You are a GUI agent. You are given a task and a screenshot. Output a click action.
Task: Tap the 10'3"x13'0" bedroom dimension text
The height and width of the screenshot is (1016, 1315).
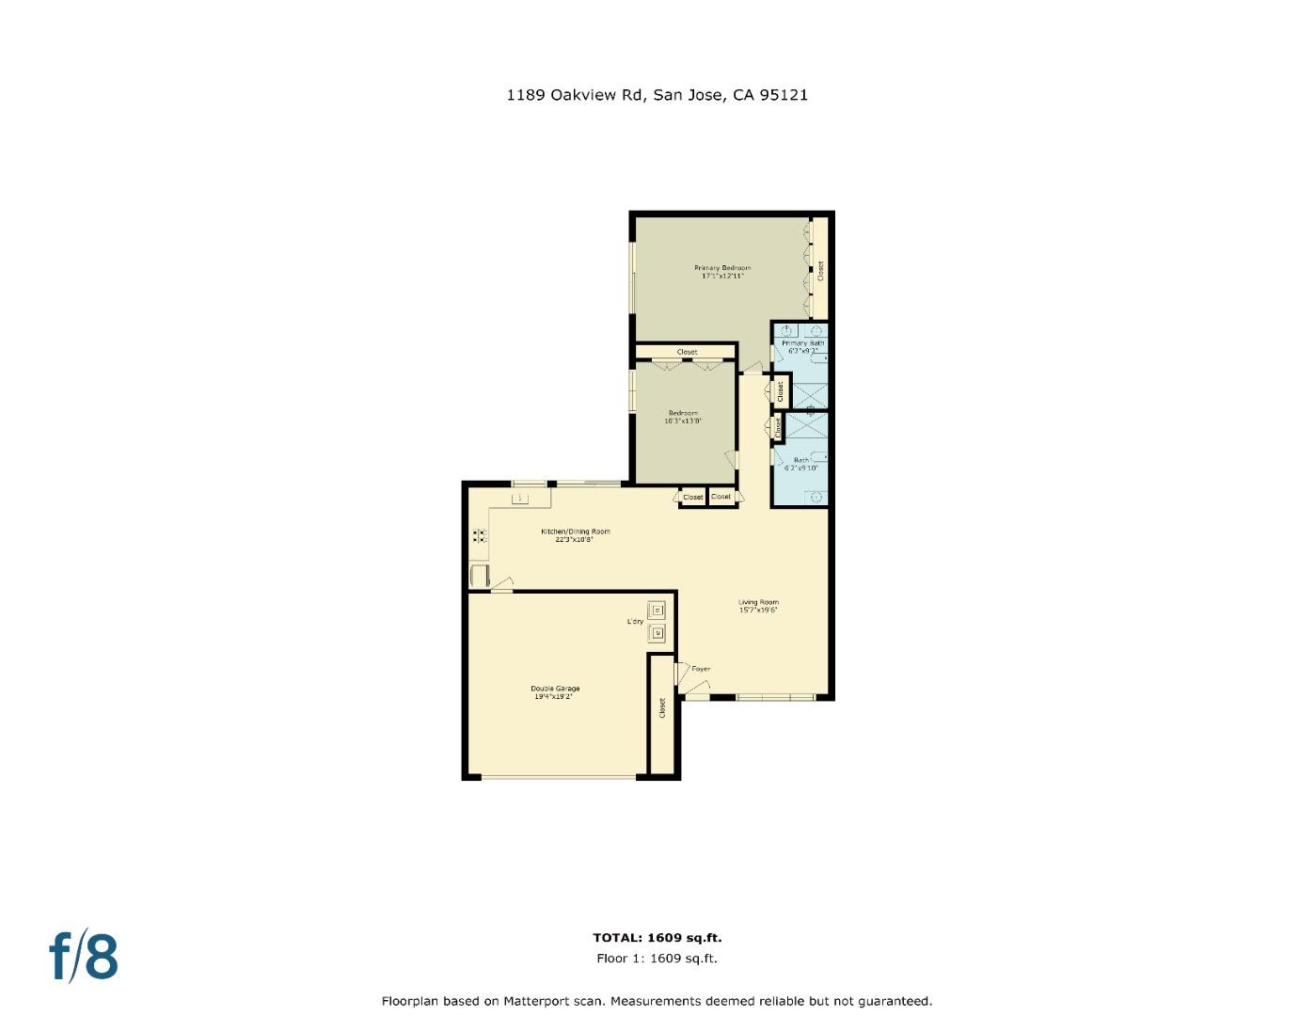(x=683, y=421)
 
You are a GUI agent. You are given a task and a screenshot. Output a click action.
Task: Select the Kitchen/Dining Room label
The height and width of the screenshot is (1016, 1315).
(x=575, y=532)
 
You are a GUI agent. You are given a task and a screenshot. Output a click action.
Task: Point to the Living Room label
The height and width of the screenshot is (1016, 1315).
(x=758, y=602)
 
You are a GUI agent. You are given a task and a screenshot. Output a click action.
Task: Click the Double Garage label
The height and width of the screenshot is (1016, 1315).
(x=555, y=689)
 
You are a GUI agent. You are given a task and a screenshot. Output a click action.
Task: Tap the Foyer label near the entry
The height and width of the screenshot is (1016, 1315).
(x=701, y=669)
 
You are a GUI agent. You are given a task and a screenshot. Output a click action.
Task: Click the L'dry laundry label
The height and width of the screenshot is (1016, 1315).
(x=635, y=623)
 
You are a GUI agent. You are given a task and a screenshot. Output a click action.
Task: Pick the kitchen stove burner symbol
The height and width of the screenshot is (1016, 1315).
(x=480, y=536)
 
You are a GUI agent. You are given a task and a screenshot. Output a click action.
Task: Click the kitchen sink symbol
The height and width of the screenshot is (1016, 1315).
(x=519, y=497)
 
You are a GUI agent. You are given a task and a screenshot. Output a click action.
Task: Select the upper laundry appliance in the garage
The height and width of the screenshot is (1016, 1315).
(x=657, y=611)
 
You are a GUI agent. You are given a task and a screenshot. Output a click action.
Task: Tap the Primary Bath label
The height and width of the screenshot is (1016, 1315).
(x=802, y=343)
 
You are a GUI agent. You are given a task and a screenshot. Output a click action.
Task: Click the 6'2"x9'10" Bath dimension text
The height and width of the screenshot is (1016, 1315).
(x=800, y=468)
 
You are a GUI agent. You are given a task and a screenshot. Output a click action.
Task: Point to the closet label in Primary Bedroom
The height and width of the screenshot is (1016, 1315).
(x=820, y=271)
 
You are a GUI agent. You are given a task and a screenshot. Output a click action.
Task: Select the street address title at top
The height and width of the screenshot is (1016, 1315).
(x=657, y=95)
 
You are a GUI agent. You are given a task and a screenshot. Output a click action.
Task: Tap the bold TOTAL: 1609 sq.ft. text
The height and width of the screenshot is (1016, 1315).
(x=657, y=938)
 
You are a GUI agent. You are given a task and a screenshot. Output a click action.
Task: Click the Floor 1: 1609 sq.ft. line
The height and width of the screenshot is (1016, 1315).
(x=657, y=959)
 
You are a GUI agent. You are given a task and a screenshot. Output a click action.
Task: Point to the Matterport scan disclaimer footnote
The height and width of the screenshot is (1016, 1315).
(x=657, y=1001)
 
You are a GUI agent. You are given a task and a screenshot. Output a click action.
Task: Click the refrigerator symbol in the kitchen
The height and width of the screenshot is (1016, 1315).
(x=479, y=575)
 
